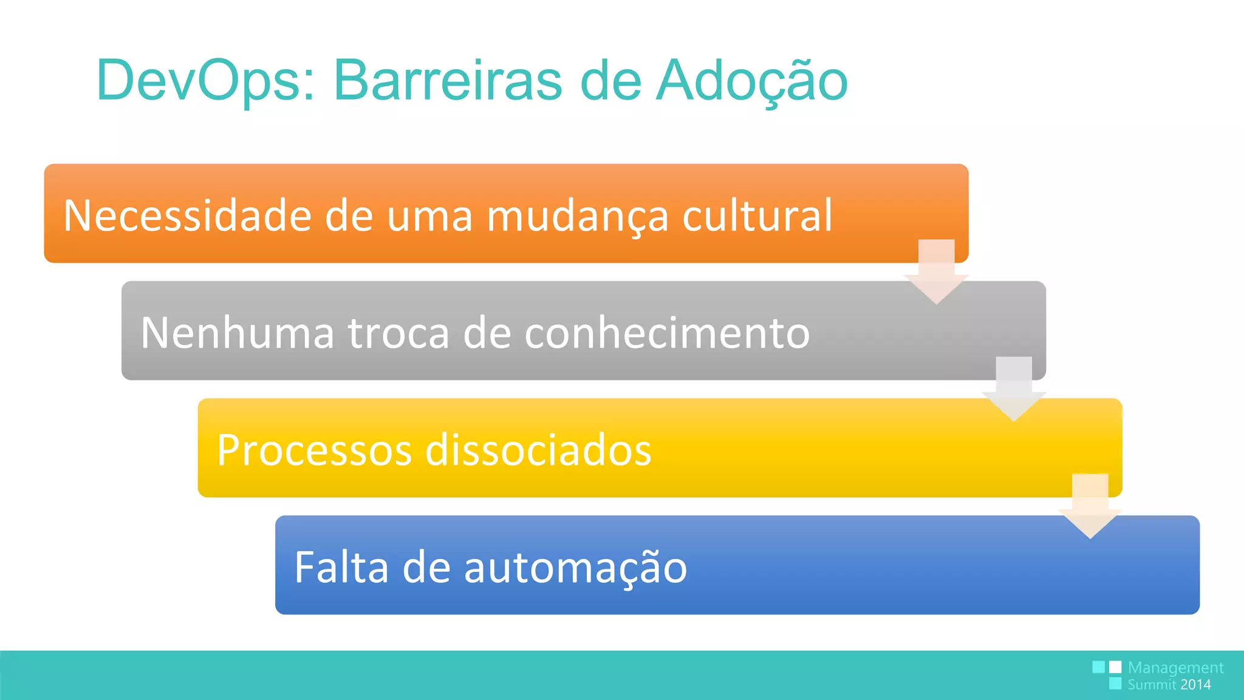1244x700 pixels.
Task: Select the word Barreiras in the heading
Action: click(x=448, y=81)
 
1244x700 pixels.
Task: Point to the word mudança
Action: click(x=577, y=217)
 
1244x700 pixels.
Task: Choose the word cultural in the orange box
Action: click(x=757, y=216)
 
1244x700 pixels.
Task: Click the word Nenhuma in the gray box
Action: click(x=237, y=333)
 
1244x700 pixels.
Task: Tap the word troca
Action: click(x=398, y=334)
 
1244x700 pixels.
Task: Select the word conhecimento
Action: click(x=667, y=333)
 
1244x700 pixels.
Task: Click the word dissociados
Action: click(x=538, y=450)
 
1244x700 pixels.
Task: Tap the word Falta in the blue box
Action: click(x=341, y=567)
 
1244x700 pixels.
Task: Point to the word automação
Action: click(x=575, y=568)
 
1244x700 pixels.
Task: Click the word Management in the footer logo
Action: click(x=1175, y=668)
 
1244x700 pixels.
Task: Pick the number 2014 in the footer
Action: click(x=1195, y=685)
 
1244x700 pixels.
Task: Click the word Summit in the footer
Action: click(x=1152, y=685)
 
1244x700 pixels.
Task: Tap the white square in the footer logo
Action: click(x=1115, y=667)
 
